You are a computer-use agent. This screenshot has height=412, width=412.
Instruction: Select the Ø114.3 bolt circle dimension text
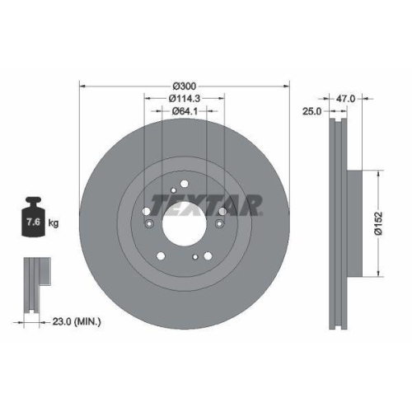185,99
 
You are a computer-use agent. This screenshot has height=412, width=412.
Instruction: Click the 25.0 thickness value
310,111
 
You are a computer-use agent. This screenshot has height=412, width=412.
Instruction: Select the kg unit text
53,223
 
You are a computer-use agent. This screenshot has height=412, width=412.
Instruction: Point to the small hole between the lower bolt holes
194,256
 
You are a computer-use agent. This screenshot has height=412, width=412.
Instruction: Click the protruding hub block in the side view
352,223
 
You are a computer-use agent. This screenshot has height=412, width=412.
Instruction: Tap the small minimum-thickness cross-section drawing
34,285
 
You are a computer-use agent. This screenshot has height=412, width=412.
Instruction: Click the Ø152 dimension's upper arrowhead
377,174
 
